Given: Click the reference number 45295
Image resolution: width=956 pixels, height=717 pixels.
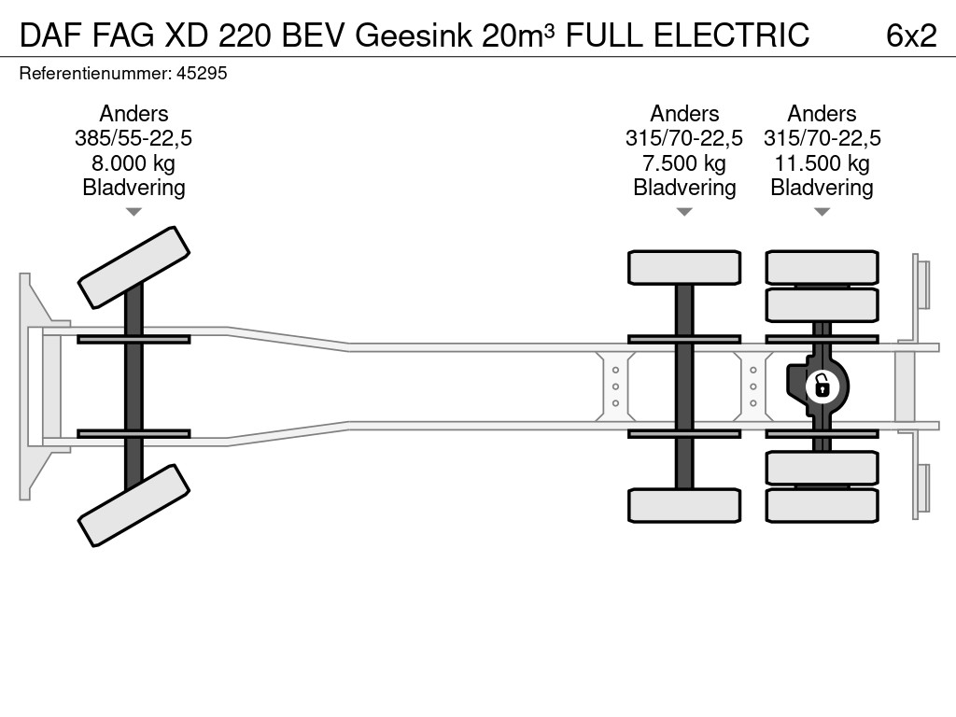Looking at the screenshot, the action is (x=202, y=73).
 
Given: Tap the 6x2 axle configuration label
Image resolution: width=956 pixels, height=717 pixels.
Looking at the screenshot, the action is (x=911, y=35).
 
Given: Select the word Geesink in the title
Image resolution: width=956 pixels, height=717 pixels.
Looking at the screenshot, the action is (x=414, y=35).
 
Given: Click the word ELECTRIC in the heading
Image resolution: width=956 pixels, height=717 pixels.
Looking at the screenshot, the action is (x=732, y=35).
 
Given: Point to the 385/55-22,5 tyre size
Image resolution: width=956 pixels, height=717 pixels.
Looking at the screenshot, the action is (x=134, y=138).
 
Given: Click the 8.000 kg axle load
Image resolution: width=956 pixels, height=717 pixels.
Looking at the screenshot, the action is (x=134, y=163).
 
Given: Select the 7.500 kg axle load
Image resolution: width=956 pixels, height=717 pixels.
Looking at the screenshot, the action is (x=684, y=163).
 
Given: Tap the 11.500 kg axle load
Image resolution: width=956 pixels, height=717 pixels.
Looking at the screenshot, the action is (x=822, y=163).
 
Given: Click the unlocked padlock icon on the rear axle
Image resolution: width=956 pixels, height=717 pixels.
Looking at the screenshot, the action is (x=822, y=387).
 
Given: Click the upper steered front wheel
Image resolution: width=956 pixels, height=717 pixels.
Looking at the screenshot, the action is (x=134, y=268).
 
